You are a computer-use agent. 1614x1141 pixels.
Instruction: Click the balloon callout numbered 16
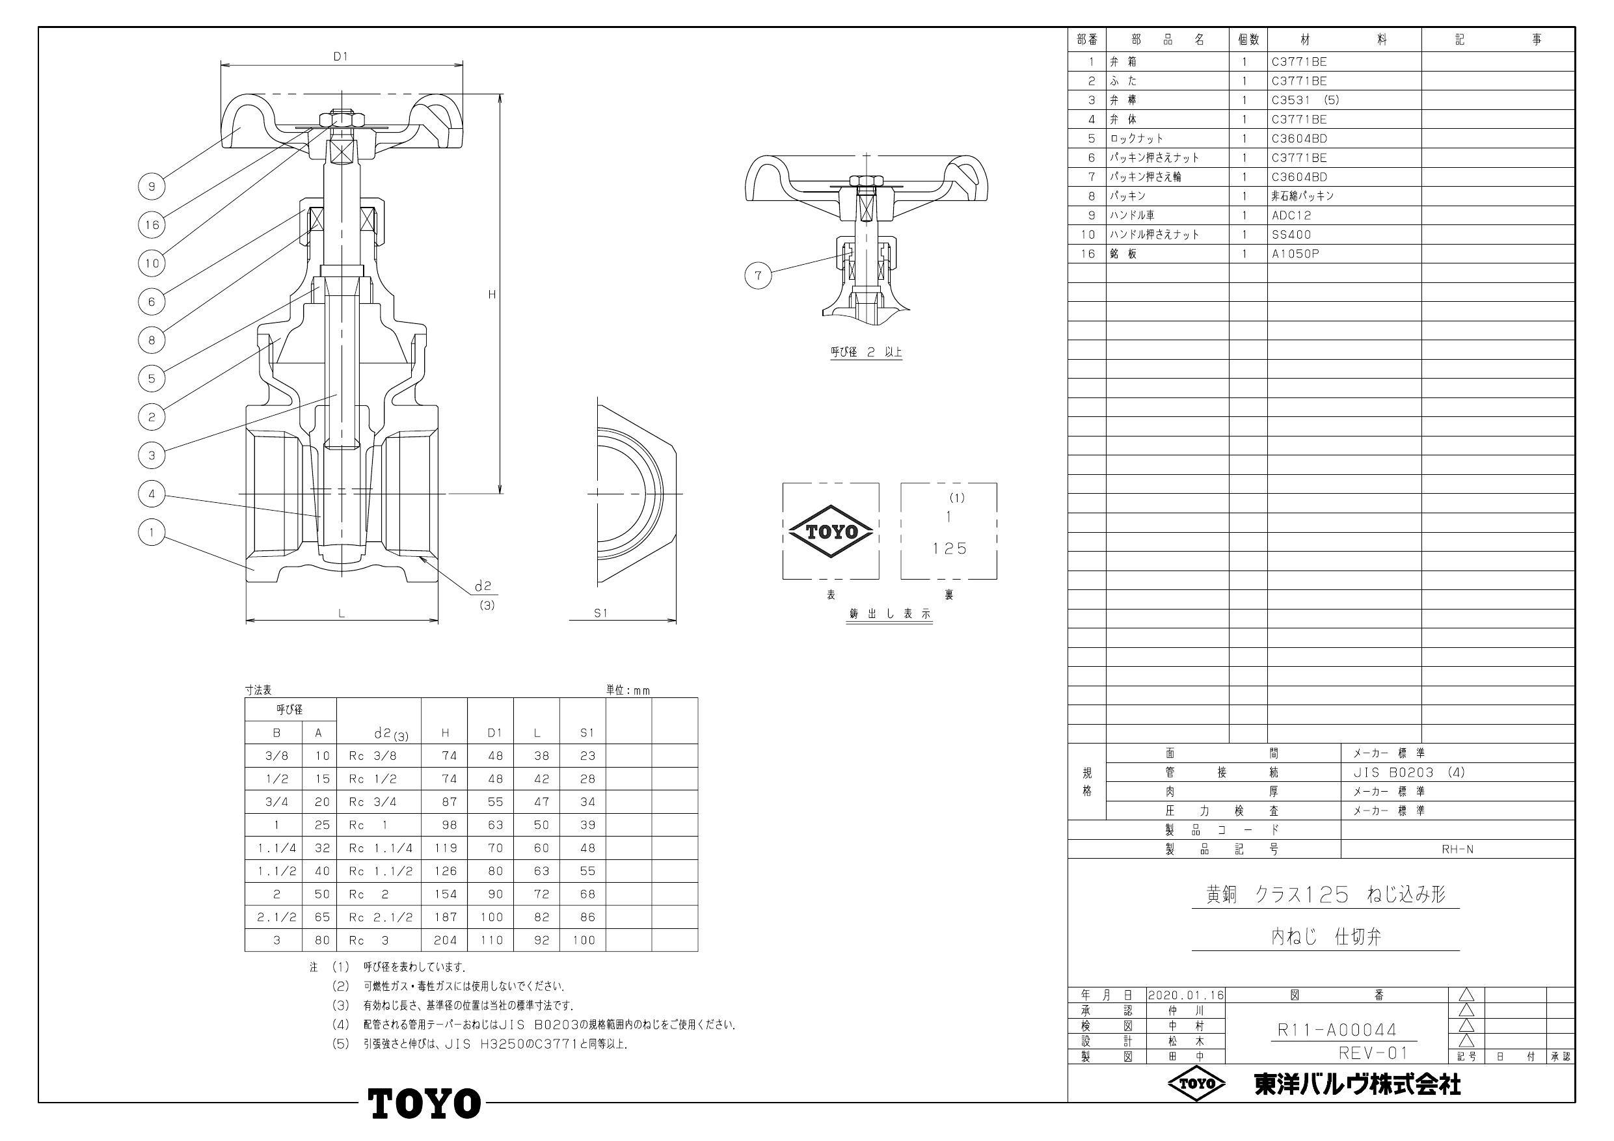coord(152,225)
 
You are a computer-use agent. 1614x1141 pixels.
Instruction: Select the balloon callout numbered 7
coord(758,276)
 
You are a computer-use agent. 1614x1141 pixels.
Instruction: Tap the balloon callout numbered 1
coord(152,532)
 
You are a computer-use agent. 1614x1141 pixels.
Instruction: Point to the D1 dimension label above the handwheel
coord(340,57)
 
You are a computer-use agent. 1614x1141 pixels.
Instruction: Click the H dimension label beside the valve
coord(492,295)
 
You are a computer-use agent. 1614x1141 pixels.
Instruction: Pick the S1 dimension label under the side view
coord(600,613)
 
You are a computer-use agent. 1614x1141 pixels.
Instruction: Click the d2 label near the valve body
coord(482,585)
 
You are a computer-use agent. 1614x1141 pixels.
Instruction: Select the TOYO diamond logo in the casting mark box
coord(831,531)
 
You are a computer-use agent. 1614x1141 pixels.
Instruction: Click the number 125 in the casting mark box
coord(950,548)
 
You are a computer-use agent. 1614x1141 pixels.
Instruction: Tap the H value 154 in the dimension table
coord(446,894)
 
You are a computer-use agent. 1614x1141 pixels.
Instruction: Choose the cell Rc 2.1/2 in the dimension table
coord(381,917)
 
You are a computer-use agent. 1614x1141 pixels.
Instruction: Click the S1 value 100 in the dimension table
coord(584,940)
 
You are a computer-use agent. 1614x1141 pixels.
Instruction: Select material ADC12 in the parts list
coord(1291,216)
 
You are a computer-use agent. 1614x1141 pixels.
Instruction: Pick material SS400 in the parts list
coord(1291,235)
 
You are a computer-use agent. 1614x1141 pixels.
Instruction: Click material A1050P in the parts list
coord(1295,254)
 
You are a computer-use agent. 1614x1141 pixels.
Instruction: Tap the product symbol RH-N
coord(1457,850)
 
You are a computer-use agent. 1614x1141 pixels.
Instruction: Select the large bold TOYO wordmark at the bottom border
coord(425,1103)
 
